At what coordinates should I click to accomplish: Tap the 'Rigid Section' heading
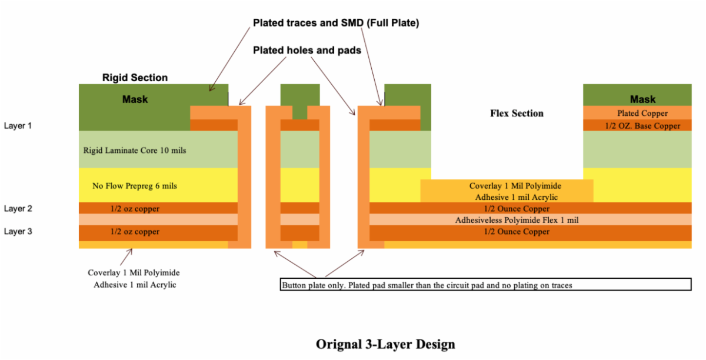[x=135, y=78]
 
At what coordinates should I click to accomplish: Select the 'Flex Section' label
[x=517, y=113]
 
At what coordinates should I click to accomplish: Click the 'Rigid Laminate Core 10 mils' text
[x=135, y=151]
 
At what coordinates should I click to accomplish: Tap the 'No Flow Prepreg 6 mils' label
[x=135, y=186]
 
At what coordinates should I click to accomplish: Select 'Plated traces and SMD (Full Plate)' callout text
[x=335, y=23]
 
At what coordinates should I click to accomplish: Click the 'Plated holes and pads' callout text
[x=307, y=51]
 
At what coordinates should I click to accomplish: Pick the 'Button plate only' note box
[x=485, y=285]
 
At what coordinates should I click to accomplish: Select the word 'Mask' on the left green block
[x=135, y=99]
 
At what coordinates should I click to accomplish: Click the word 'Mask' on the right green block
[x=642, y=99]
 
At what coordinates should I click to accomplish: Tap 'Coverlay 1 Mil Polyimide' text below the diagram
[x=134, y=273]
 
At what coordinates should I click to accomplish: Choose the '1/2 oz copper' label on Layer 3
[x=135, y=232]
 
